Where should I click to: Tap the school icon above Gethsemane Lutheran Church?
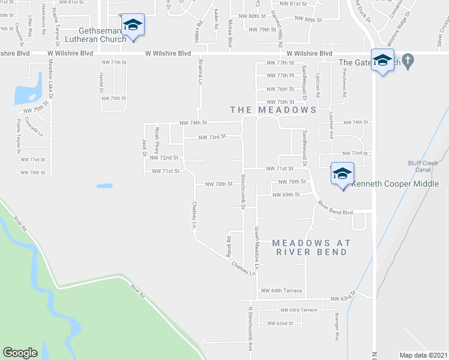(133, 26)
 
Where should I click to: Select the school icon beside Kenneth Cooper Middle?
(342, 174)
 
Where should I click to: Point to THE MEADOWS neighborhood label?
(274, 110)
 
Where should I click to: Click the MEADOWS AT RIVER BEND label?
(311, 247)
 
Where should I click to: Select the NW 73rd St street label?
(213, 137)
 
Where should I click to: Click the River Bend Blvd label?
(336, 208)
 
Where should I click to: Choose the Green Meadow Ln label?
(257, 247)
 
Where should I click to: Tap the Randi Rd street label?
(229, 247)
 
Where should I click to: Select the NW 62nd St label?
(281, 323)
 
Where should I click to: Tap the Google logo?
(20, 352)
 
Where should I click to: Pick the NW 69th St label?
(286, 194)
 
